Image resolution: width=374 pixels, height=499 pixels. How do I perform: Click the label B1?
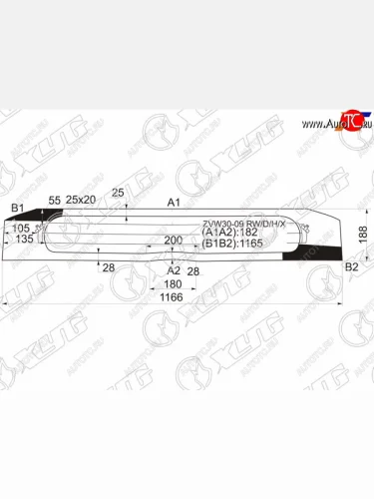pyautogui.click(x=17, y=207)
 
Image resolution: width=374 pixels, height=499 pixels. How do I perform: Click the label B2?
pyautogui.click(x=351, y=267)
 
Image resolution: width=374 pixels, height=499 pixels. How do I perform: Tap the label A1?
pyautogui.click(x=174, y=202)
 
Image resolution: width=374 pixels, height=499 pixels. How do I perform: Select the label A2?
pyautogui.click(x=173, y=269)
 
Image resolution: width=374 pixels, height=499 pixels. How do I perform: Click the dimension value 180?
pyautogui.click(x=173, y=283)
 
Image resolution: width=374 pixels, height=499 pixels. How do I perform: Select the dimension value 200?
pyautogui.click(x=174, y=241)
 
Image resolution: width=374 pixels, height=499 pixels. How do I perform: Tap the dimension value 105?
pyautogui.click(x=20, y=228)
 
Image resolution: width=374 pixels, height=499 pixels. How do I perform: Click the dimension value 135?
pyautogui.click(x=24, y=240)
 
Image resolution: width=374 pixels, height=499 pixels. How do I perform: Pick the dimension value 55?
pyautogui.click(x=55, y=201)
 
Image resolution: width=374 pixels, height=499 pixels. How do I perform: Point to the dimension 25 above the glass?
pyautogui.click(x=119, y=192)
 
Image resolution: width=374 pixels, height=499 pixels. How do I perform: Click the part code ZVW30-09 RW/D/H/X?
pyautogui.click(x=244, y=223)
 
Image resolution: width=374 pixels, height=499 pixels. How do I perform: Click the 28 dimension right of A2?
pyautogui.click(x=192, y=269)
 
